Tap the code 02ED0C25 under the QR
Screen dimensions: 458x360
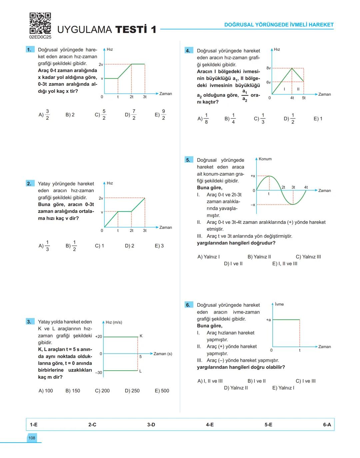click(x=40, y=37)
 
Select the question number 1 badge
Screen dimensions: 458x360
click(x=30, y=50)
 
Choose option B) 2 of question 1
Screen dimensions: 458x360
click(x=70, y=115)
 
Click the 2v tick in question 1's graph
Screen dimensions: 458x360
click(x=101, y=64)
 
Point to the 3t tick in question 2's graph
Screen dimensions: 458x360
click(x=145, y=231)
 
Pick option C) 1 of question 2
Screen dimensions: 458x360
click(x=99, y=246)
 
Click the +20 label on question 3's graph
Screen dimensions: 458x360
click(x=99, y=337)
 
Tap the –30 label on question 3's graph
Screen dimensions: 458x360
click(x=99, y=372)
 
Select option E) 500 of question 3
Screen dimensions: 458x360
click(x=162, y=391)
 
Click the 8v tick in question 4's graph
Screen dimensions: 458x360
click(x=268, y=68)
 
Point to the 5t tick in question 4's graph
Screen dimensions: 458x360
click(x=304, y=98)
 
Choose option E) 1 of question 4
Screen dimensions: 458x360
click(x=318, y=119)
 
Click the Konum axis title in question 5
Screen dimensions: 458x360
click(x=265, y=159)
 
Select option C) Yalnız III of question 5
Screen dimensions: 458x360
click(x=308, y=257)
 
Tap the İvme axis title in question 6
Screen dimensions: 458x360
click(x=279, y=304)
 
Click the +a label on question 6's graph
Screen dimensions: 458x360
click(x=268, y=320)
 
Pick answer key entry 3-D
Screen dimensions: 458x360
click(x=151, y=425)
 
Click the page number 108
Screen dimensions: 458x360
click(x=32, y=438)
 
